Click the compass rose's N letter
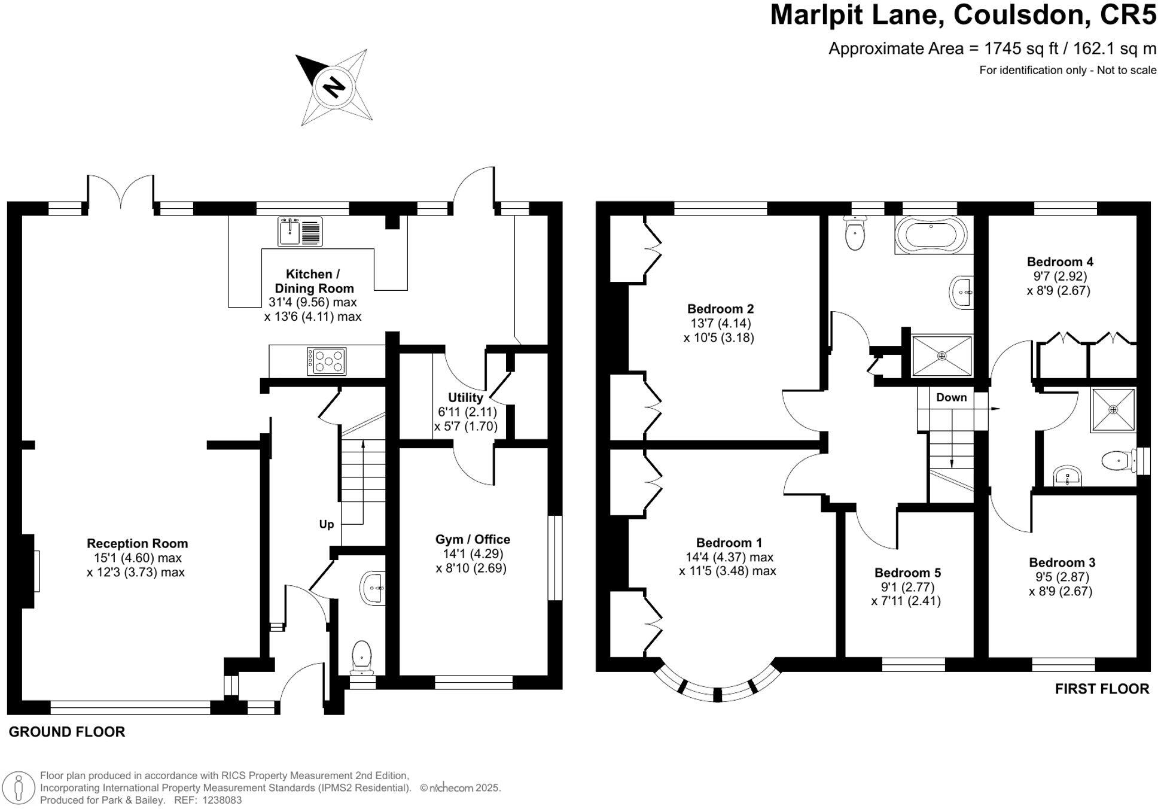pos(334,87)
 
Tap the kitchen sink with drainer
pos(300,232)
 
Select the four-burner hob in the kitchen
pos(326,361)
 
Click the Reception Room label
pos(137,543)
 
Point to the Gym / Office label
pos(473,539)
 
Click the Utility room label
pos(465,397)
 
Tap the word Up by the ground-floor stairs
pos(326,524)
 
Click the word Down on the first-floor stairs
pos(951,397)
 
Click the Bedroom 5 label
pos(907,573)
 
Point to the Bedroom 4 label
pos(1060,261)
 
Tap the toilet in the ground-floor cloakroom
pos(361,655)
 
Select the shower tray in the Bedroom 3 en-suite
pos(1113,410)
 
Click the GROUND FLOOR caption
pos(66,732)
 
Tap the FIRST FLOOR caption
pos(1102,689)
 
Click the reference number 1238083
pos(222,800)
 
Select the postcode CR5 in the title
pos(1128,16)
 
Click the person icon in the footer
pos(19,787)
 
